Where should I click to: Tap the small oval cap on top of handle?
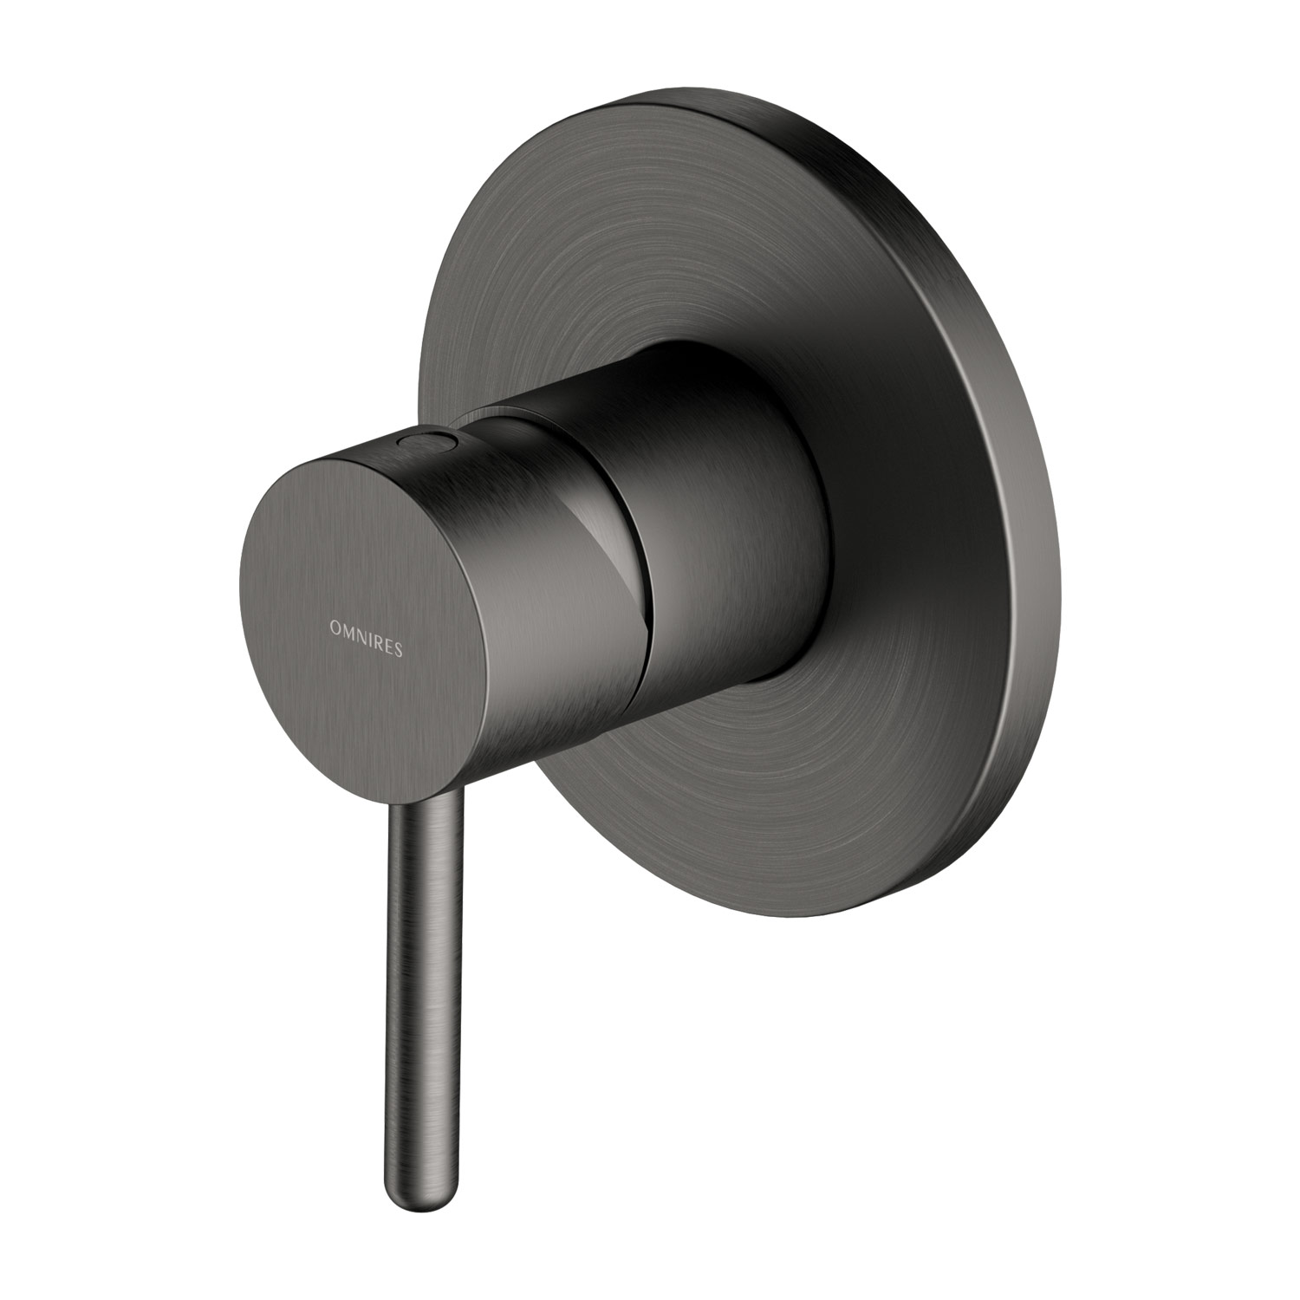tap(424, 441)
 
